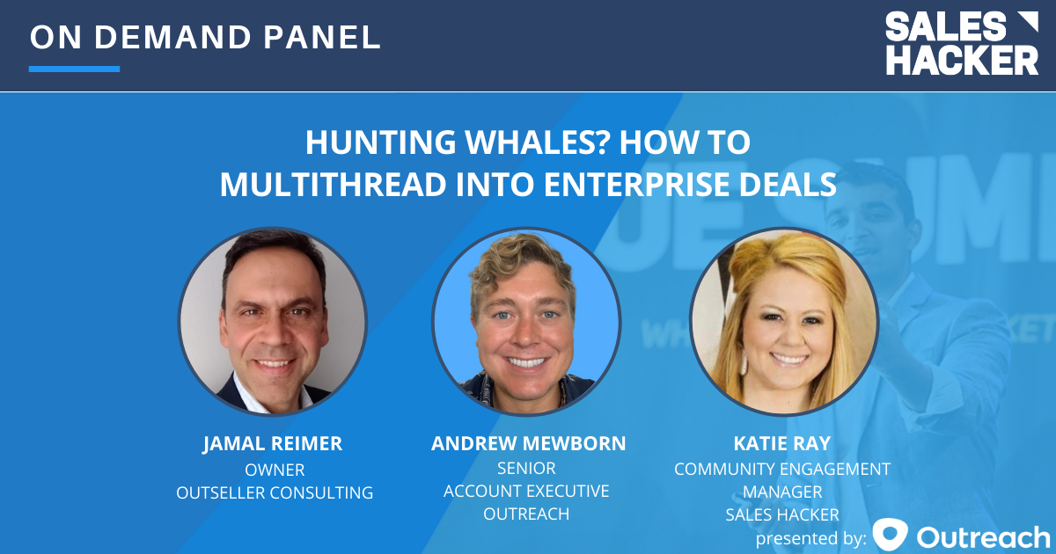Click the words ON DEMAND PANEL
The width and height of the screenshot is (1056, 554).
coord(204,37)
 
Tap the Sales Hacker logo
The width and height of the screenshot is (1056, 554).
coord(961,43)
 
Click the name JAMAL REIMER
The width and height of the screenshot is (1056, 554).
coord(273,444)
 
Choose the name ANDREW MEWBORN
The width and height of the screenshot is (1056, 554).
coord(528,444)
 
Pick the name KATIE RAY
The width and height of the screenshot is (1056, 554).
coord(782,444)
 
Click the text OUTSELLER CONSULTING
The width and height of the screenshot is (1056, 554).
coord(275,492)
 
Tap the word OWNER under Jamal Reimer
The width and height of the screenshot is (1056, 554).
coord(275,470)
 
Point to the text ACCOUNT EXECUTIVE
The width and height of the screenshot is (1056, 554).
coord(526,491)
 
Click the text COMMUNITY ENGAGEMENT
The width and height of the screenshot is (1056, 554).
coord(782,470)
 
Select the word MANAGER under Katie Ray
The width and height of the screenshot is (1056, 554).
coord(782,492)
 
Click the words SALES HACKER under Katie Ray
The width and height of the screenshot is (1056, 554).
coord(782,514)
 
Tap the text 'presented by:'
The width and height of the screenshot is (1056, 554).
coord(810,537)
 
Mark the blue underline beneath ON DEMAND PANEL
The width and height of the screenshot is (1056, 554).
coord(74,69)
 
